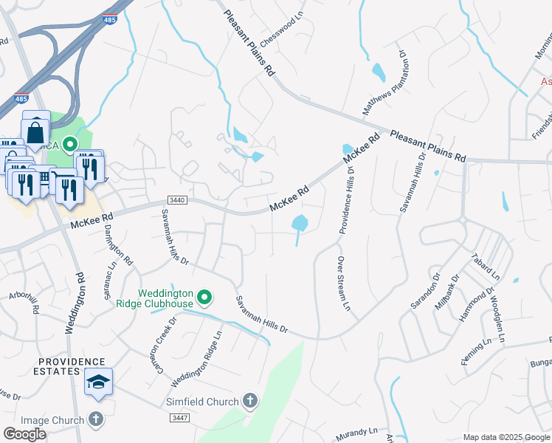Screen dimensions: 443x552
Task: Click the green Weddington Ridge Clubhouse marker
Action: pos(205,298)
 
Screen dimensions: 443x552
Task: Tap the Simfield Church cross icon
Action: pos(250,402)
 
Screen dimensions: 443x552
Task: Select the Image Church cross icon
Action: pos(95,420)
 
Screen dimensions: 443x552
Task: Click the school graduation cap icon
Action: pos(98,382)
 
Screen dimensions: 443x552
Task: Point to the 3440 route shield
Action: pos(177,200)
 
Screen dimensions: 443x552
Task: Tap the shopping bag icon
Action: pos(35,132)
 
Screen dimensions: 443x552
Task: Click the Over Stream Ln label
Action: pos(342,284)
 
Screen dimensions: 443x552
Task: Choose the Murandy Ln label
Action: pos(357,430)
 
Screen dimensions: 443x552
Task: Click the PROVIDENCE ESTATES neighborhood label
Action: pos(72,366)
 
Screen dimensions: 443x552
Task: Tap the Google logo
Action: pos(25,434)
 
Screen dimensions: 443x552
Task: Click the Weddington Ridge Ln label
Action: pos(197,360)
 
